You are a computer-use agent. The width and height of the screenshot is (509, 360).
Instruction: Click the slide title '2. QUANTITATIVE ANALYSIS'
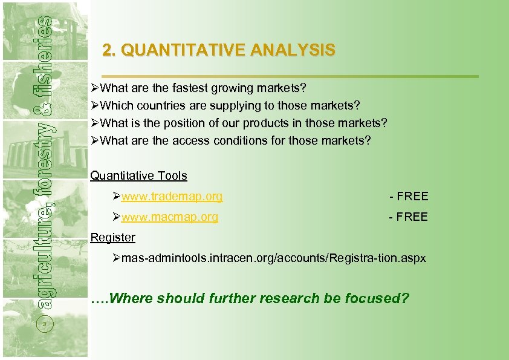point(218,50)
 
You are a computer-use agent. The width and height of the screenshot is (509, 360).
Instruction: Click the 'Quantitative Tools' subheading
point(138,176)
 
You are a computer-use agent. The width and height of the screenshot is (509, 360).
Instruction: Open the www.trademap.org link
point(172,196)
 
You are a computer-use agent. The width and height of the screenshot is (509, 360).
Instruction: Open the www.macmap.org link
point(169,217)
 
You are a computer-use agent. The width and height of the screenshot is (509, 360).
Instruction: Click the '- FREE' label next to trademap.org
point(409,196)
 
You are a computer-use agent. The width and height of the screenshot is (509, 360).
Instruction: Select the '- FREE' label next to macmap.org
point(409,217)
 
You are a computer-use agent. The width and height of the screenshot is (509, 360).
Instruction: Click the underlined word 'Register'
point(112,237)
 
